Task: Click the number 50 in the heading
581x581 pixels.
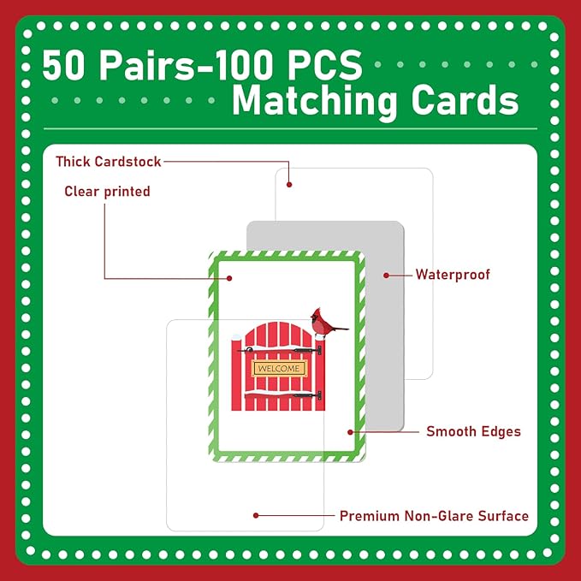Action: (63, 65)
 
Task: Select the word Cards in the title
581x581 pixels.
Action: (465, 100)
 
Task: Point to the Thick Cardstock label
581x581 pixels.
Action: (108, 162)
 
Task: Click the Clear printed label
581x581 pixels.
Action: (107, 192)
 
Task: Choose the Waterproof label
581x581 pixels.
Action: (453, 275)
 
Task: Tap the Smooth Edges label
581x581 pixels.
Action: (473, 431)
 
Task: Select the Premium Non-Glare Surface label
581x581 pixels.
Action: (434, 516)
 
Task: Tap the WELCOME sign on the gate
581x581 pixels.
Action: (279, 369)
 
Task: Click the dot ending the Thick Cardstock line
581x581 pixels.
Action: (289, 185)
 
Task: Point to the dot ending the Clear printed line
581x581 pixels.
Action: (229, 278)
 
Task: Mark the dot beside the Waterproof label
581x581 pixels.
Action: (386, 276)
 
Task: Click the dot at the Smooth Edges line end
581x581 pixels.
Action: (350, 432)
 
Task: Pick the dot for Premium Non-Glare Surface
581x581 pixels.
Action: (256, 515)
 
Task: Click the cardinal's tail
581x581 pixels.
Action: (341, 329)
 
